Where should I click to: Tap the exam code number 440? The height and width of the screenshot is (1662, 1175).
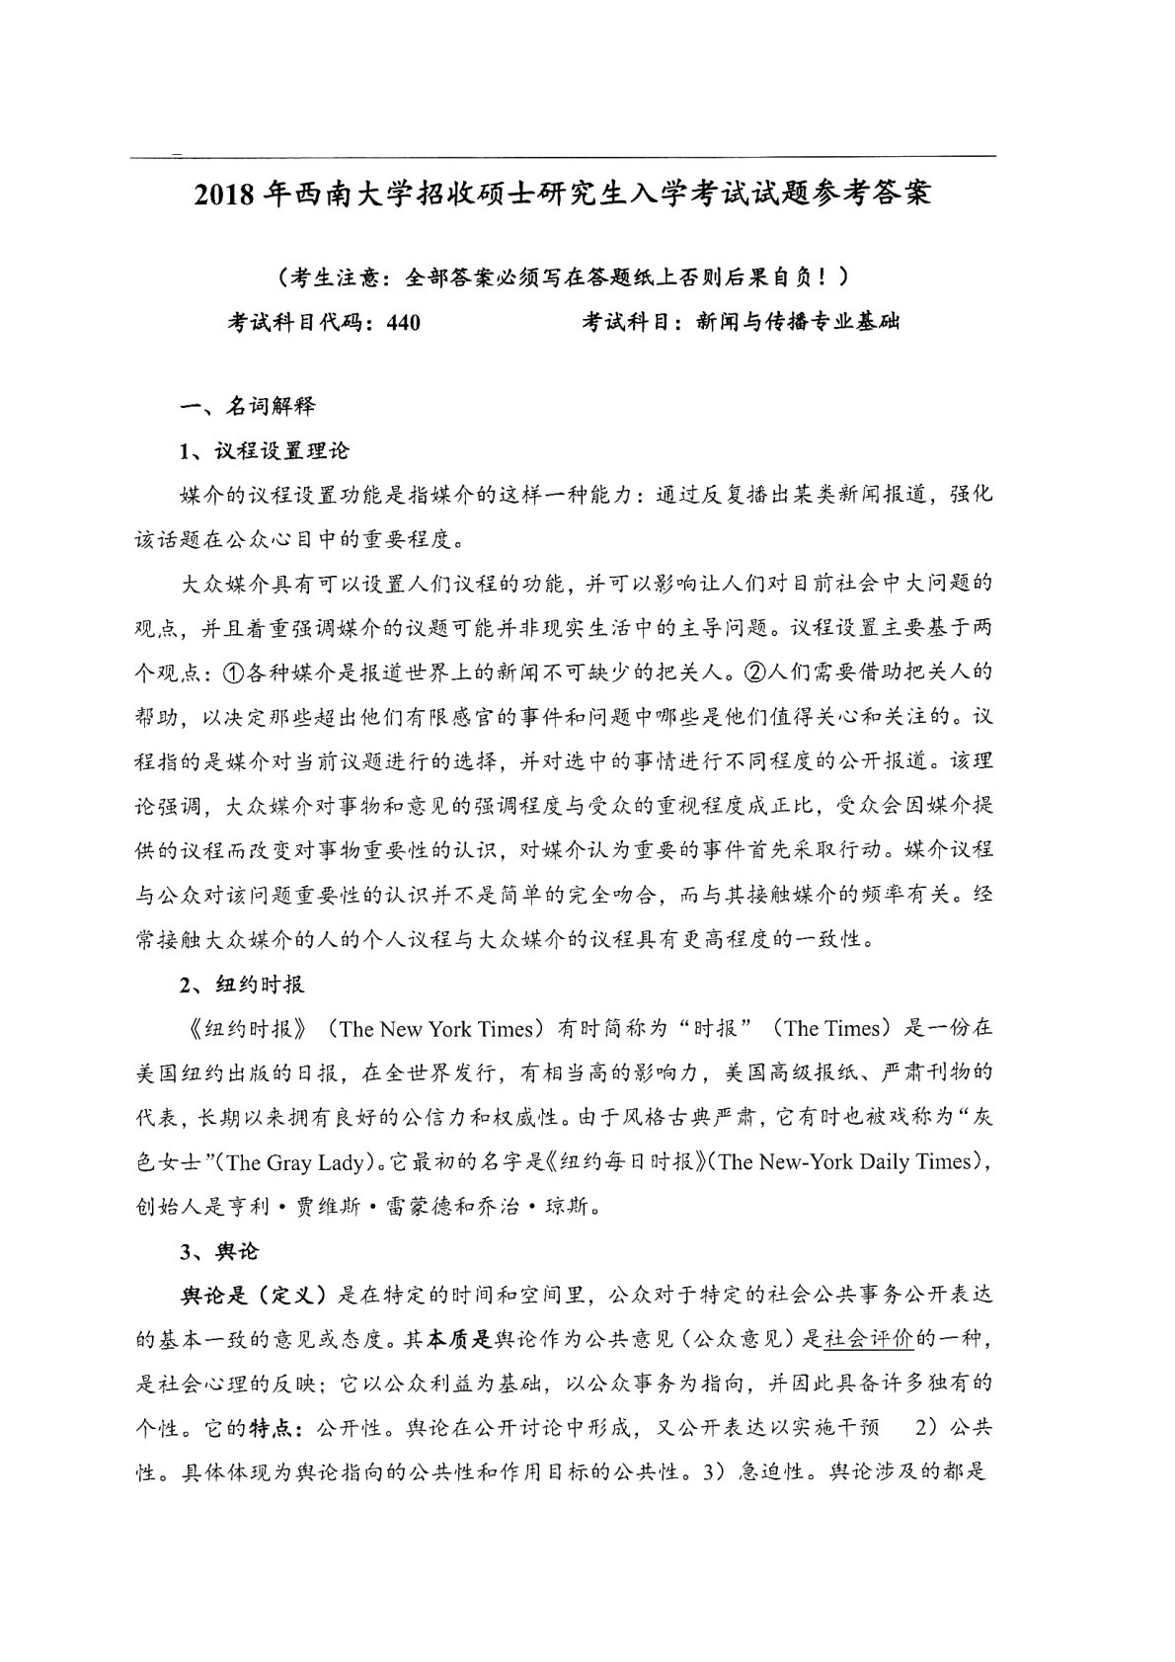click(x=402, y=322)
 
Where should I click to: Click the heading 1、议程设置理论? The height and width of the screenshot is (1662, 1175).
click(x=264, y=450)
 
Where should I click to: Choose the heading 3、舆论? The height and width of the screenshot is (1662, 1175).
click(x=218, y=1250)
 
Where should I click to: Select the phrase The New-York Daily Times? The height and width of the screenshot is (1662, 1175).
click(x=847, y=1162)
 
